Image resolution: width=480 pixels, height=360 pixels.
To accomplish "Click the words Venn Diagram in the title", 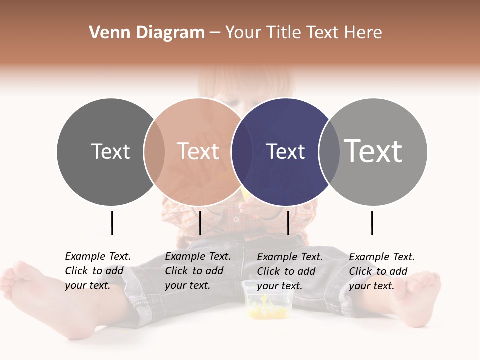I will point(147,33).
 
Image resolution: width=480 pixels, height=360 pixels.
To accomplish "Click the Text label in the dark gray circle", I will point(110,151).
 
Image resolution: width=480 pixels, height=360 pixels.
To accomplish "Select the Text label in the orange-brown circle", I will point(198,151).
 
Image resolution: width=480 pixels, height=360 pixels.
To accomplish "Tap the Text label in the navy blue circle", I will point(285,151).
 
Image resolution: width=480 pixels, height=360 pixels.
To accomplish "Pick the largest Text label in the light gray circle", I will point(373,151).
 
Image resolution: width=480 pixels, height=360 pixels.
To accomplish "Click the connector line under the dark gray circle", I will point(112,223).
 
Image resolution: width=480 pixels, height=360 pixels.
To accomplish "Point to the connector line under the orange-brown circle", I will point(200,223).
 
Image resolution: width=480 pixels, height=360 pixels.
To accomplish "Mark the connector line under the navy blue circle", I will point(288,223).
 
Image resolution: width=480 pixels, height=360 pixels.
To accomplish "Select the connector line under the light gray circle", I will point(372,223).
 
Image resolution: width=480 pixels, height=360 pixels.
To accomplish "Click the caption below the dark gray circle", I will point(98,271).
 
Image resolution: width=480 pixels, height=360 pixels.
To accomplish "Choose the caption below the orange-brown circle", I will point(198,271).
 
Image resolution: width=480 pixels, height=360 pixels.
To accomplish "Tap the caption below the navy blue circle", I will point(290,271).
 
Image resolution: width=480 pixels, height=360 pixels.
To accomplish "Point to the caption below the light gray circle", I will point(382,271).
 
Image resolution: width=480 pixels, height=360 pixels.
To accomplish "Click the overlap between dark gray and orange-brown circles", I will point(154,152).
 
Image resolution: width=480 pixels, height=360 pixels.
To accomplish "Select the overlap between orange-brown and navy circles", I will point(242,152).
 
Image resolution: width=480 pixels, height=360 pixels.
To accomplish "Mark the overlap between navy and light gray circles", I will point(329,152).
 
